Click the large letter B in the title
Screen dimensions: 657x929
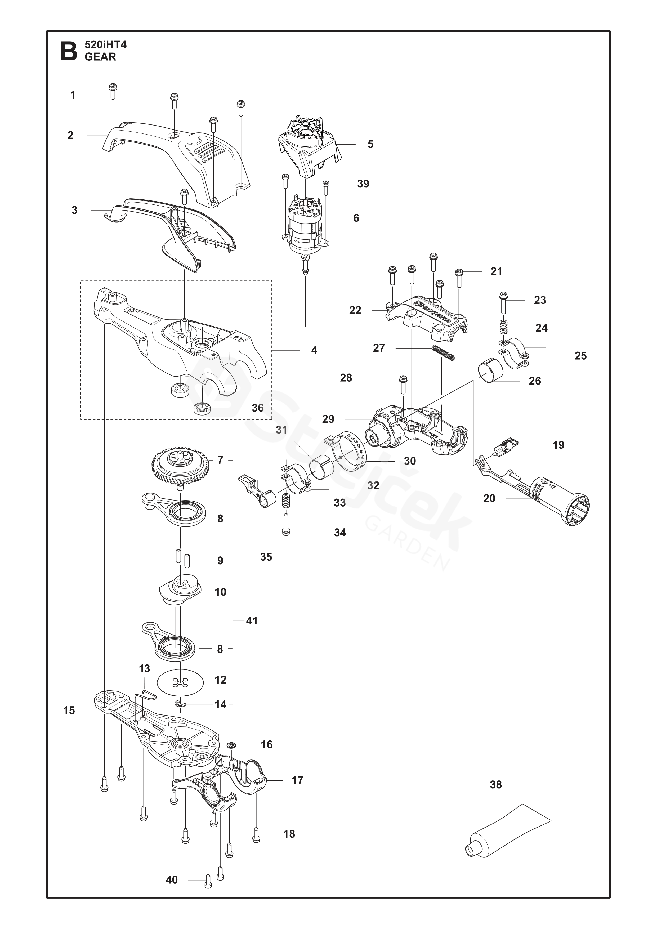[x=69, y=51]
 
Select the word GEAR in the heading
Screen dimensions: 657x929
[x=100, y=57]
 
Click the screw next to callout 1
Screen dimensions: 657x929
[x=113, y=91]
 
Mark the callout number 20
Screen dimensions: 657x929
[x=489, y=498]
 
